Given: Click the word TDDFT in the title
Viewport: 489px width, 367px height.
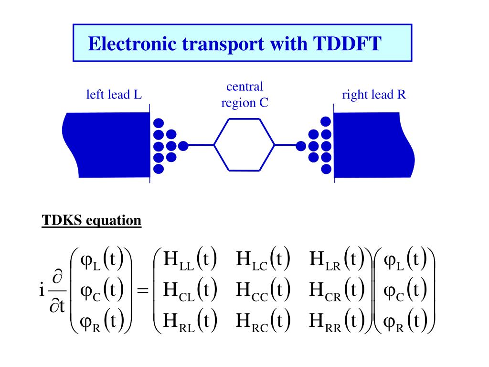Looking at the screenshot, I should (x=347, y=44).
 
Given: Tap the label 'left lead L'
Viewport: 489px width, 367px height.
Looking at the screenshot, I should (x=114, y=95).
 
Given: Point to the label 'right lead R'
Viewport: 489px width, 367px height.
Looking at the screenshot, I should (x=374, y=95).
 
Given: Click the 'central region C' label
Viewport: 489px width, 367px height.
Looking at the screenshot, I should (x=244, y=95).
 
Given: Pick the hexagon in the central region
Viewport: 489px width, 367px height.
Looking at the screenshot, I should (x=244, y=144).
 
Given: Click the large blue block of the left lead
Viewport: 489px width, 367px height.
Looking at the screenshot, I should (x=107, y=144).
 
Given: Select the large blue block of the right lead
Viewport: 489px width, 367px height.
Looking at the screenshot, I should (x=372, y=144).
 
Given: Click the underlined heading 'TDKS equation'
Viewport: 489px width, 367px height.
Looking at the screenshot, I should (x=92, y=220).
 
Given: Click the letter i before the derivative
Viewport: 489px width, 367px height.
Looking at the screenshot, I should (x=42, y=290).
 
